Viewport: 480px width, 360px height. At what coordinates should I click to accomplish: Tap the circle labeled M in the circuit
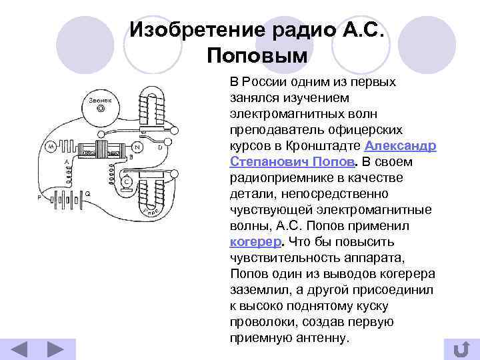(x=51, y=146)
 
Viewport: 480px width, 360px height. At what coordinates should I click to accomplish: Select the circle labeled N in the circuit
(x=137, y=147)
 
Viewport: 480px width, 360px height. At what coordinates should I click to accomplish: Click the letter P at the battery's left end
(x=39, y=198)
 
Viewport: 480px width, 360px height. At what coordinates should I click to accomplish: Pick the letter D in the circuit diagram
(x=159, y=147)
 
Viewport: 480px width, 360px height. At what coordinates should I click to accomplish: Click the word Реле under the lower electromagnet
(x=151, y=212)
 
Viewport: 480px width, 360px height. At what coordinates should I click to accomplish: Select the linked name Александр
(x=401, y=146)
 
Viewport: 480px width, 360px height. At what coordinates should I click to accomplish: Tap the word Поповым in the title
(x=257, y=55)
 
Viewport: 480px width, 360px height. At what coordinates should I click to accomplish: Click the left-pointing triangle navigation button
(x=21, y=350)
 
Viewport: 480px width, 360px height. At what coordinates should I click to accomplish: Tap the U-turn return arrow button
(x=460, y=349)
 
